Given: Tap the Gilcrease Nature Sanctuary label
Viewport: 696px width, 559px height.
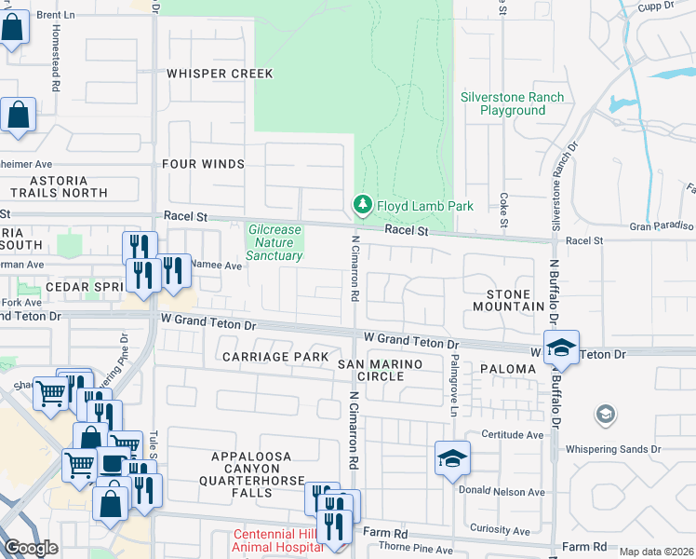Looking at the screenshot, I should [274, 242].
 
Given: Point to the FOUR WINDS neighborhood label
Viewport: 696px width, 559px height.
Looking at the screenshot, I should [203, 164].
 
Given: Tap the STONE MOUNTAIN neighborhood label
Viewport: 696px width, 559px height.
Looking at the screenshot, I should [508, 300].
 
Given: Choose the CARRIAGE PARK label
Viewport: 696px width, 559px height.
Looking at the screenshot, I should [274, 357].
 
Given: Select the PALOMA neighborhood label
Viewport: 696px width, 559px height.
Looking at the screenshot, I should [508, 369].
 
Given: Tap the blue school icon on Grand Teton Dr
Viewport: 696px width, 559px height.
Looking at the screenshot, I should [561, 348].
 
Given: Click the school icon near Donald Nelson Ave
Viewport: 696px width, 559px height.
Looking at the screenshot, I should [452, 458].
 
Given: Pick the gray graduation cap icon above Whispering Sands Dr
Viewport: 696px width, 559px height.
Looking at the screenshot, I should [605, 413].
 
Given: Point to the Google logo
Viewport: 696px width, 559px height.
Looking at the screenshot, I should [31, 549].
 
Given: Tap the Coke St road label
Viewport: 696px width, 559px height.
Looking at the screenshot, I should [503, 210].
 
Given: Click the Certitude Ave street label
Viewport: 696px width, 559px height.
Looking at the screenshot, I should [512, 434].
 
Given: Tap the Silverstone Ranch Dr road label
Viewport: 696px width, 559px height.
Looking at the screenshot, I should [557, 199].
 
